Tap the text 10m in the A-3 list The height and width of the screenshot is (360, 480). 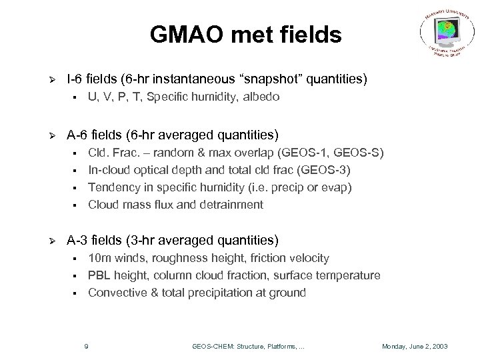(101, 257)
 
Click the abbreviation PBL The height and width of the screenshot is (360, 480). (99, 275)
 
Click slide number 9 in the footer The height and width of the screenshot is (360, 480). (87, 345)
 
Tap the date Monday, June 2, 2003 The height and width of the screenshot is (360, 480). (416, 345)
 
